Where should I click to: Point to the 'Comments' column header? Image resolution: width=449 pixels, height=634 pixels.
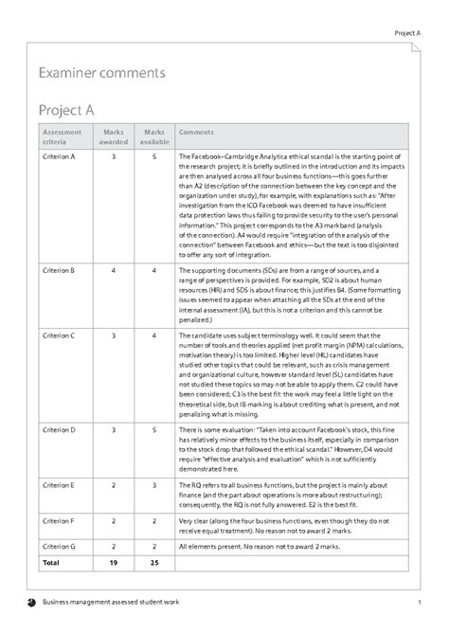[x=196, y=133]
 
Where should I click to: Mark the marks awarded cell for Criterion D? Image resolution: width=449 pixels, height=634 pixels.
[x=114, y=430]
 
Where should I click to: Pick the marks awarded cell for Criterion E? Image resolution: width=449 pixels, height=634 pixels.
[x=114, y=483]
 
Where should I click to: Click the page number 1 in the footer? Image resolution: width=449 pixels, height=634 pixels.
[x=418, y=604]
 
